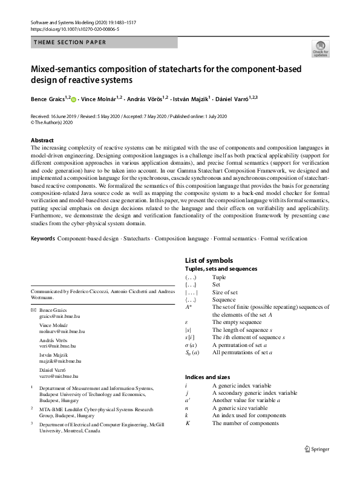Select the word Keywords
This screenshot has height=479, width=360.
(x=42, y=239)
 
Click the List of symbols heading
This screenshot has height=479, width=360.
(x=208, y=260)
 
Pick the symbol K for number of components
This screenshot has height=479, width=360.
(x=188, y=423)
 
